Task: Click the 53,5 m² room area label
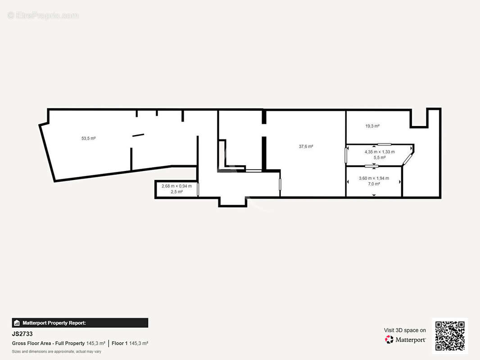tap(88, 138)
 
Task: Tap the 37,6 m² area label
tap(306, 147)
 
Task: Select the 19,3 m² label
tap(372, 126)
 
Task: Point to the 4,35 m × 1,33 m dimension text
tap(380, 152)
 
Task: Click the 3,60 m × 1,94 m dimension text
tap(374, 178)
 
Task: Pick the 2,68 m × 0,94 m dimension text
tap(177, 186)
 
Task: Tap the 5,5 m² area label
tap(380, 157)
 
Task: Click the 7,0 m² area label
tap(374, 184)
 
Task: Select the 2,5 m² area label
tap(177, 192)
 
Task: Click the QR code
tap(450, 336)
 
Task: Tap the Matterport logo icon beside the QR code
tap(389, 339)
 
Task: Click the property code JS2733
tap(22, 334)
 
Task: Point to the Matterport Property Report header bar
tap(80, 323)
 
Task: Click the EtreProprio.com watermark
tap(43, 15)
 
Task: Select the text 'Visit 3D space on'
tap(405, 330)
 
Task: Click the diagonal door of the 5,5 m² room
tap(408, 159)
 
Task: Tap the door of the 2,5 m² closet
tap(198, 189)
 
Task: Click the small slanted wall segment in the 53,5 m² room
tap(138, 135)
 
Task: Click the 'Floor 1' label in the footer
tap(120, 343)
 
